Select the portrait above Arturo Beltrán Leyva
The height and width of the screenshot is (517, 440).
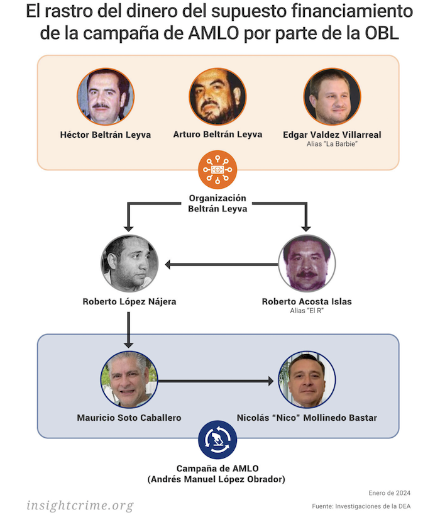[x=217, y=96]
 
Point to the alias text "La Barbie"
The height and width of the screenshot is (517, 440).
[x=332, y=145]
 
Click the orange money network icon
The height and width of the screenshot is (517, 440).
[x=217, y=169]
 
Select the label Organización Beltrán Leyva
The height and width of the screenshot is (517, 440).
[x=217, y=203]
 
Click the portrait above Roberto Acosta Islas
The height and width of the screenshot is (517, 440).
[x=307, y=264]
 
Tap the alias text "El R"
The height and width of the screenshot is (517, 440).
[x=307, y=311]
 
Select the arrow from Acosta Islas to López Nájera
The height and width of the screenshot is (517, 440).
[x=220, y=264]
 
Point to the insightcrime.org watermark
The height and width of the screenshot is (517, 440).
[x=80, y=504]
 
